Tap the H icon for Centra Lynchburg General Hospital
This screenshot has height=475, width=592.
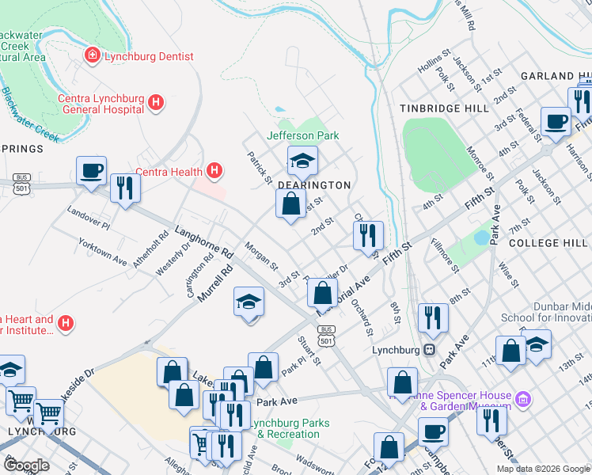156,102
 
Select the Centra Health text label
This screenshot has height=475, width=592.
169,171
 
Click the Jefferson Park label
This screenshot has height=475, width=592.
302,135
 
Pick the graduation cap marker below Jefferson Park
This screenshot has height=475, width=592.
302,161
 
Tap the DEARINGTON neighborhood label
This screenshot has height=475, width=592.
313,184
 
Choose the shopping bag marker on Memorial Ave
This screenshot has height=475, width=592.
322,293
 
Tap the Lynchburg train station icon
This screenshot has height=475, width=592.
430,348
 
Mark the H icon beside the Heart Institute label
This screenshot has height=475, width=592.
66,324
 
